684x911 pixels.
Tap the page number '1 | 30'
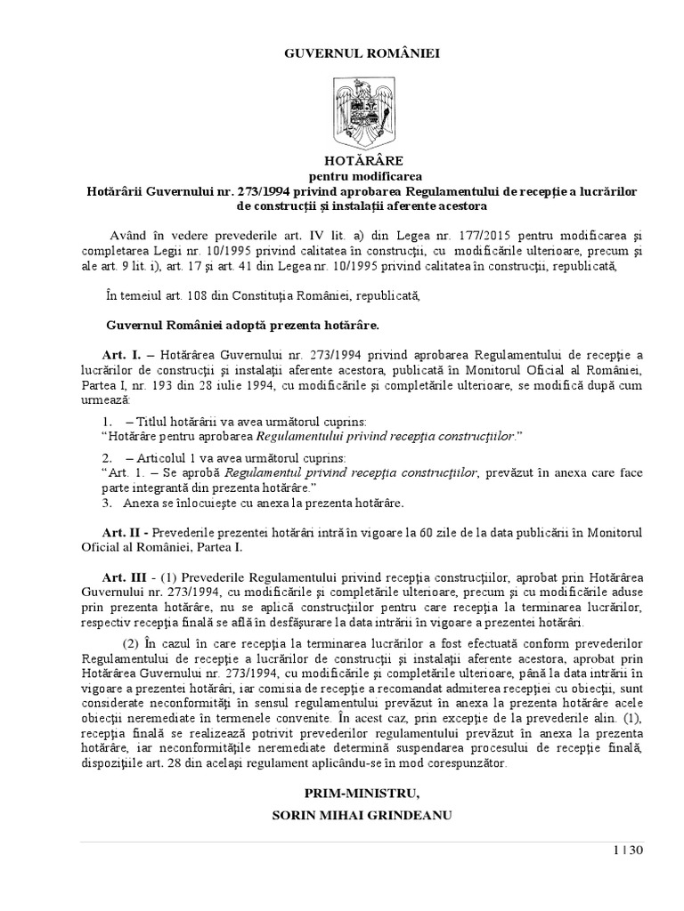point(628,851)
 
